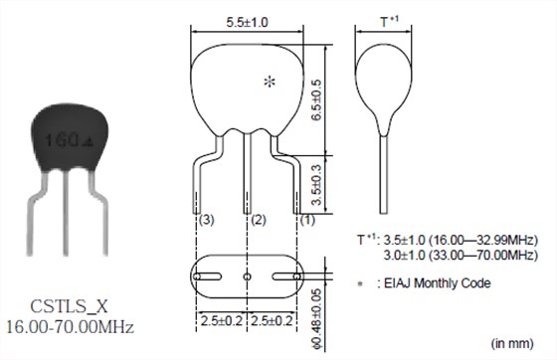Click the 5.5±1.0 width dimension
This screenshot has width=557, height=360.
[x=247, y=22]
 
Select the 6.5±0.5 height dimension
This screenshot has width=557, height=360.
[x=316, y=99]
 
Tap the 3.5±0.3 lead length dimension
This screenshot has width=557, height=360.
[x=316, y=185]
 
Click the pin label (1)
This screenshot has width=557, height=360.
[x=307, y=220]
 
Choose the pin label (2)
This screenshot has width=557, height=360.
[x=259, y=220]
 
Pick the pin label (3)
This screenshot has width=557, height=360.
[x=207, y=220]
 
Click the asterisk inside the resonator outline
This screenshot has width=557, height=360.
[x=270, y=82]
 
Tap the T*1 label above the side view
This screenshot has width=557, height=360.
[x=389, y=21]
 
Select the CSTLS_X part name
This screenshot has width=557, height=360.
[x=69, y=306]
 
